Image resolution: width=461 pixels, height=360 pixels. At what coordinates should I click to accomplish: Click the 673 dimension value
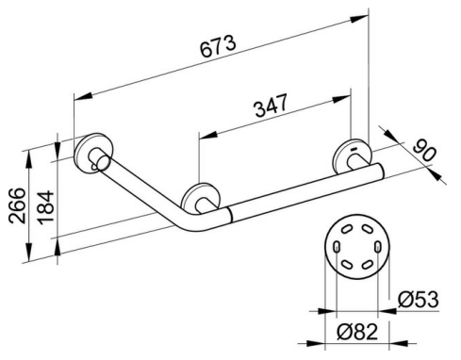tap(218, 46)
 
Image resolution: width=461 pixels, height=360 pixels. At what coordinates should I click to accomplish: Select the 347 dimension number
tap(271, 106)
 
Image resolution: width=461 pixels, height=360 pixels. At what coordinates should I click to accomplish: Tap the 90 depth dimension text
tap(424, 151)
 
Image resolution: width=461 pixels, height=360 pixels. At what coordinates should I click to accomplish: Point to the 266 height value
tap(17, 205)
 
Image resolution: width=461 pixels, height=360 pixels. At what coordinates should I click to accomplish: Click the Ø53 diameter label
tap(418, 300)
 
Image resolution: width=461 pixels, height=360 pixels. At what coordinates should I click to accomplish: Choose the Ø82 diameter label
tap(357, 332)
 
